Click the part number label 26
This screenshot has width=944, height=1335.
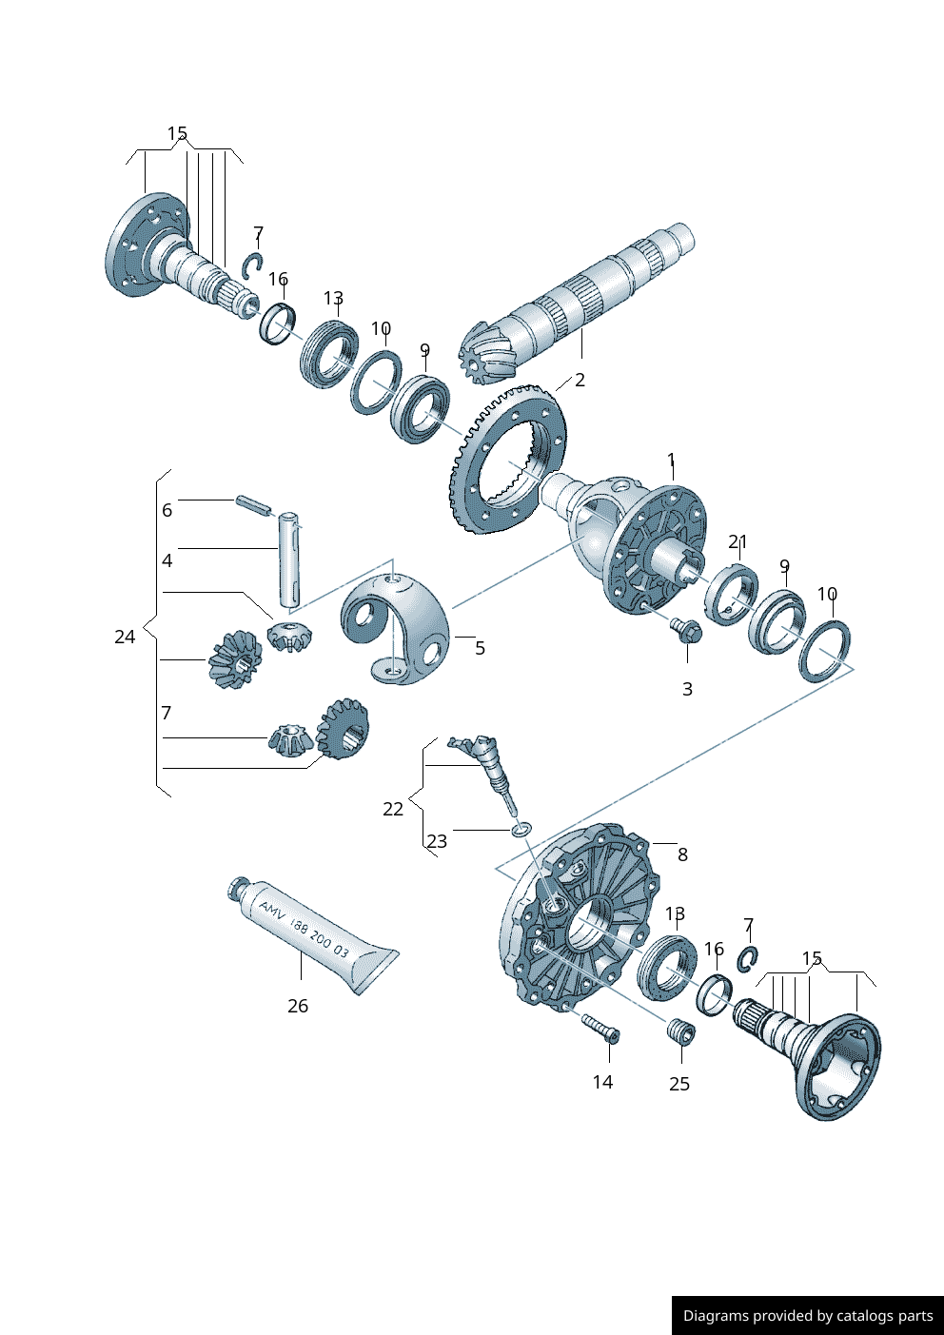(298, 1006)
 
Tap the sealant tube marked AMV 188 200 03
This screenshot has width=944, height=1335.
(314, 936)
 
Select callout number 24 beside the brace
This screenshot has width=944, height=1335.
(125, 637)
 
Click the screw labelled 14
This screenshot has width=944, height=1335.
(600, 1029)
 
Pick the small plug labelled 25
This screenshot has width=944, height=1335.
(679, 1032)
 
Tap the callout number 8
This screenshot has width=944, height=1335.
(682, 854)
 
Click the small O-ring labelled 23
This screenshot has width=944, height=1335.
(520, 831)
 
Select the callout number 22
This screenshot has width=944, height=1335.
(393, 809)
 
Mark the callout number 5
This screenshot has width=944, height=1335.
(480, 648)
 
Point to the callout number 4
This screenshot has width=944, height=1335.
(167, 560)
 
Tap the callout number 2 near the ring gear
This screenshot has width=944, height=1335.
(580, 380)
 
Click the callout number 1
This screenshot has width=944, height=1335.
(671, 461)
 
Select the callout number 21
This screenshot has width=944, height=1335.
(737, 541)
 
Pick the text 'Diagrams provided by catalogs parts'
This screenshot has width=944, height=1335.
(808, 1315)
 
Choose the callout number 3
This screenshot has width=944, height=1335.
(687, 689)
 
